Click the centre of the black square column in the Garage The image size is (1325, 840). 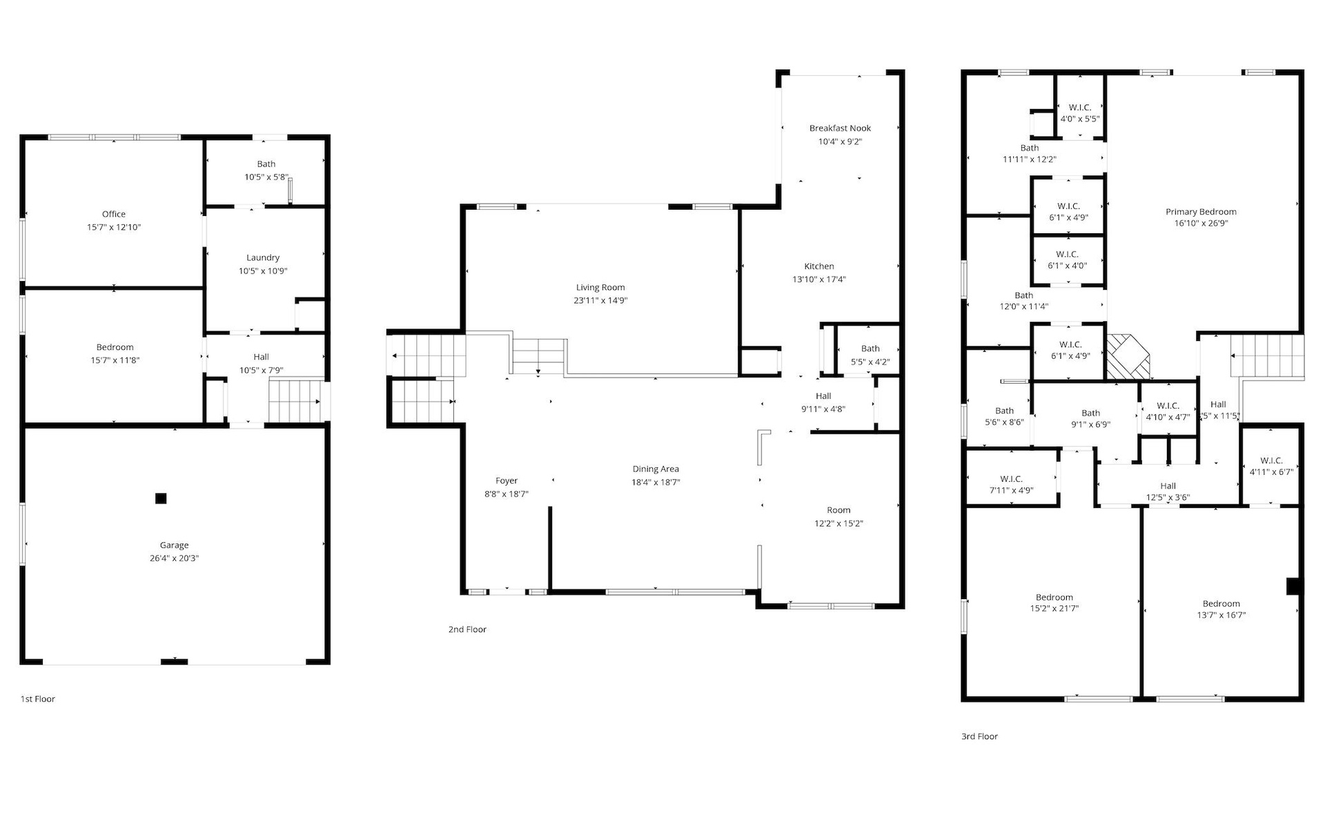pyautogui.click(x=161, y=498)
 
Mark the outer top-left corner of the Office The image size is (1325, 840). pyautogui.click(x=20, y=135)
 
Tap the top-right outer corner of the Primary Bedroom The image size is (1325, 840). pyautogui.click(x=1304, y=70)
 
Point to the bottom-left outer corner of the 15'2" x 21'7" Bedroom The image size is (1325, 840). pyautogui.click(x=961, y=701)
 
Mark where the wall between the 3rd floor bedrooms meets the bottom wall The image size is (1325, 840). pyautogui.click(x=1141, y=699)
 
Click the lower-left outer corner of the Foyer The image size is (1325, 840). pyautogui.click(x=461, y=594)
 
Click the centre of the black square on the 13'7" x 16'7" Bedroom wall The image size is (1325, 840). pyautogui.click(x=1294, y=585)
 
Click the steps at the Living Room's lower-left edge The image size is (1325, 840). pyautogui.click(x=539, y=355)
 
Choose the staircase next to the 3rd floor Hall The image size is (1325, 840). pyautogui.click(x=1267, y=356)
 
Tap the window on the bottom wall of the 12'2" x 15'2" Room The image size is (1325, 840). pyautogui.click(x=831, y=606)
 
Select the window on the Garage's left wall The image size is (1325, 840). pyautogui.click(x=23, y=534)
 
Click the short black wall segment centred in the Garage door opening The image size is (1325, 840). pyautogui.click(x=174, y=662)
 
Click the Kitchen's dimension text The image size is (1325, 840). pyautogui.click(x=819, y=280)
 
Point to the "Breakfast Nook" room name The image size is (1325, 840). pyautogui.click(x=840, y=128)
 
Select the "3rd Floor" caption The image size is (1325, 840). pyautogui.click(x=979, y=736)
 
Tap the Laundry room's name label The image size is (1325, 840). pyautogui.click(x=263, y=257)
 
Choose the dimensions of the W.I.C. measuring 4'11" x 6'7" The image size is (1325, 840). pyautogui.click(x=1271, y=472)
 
